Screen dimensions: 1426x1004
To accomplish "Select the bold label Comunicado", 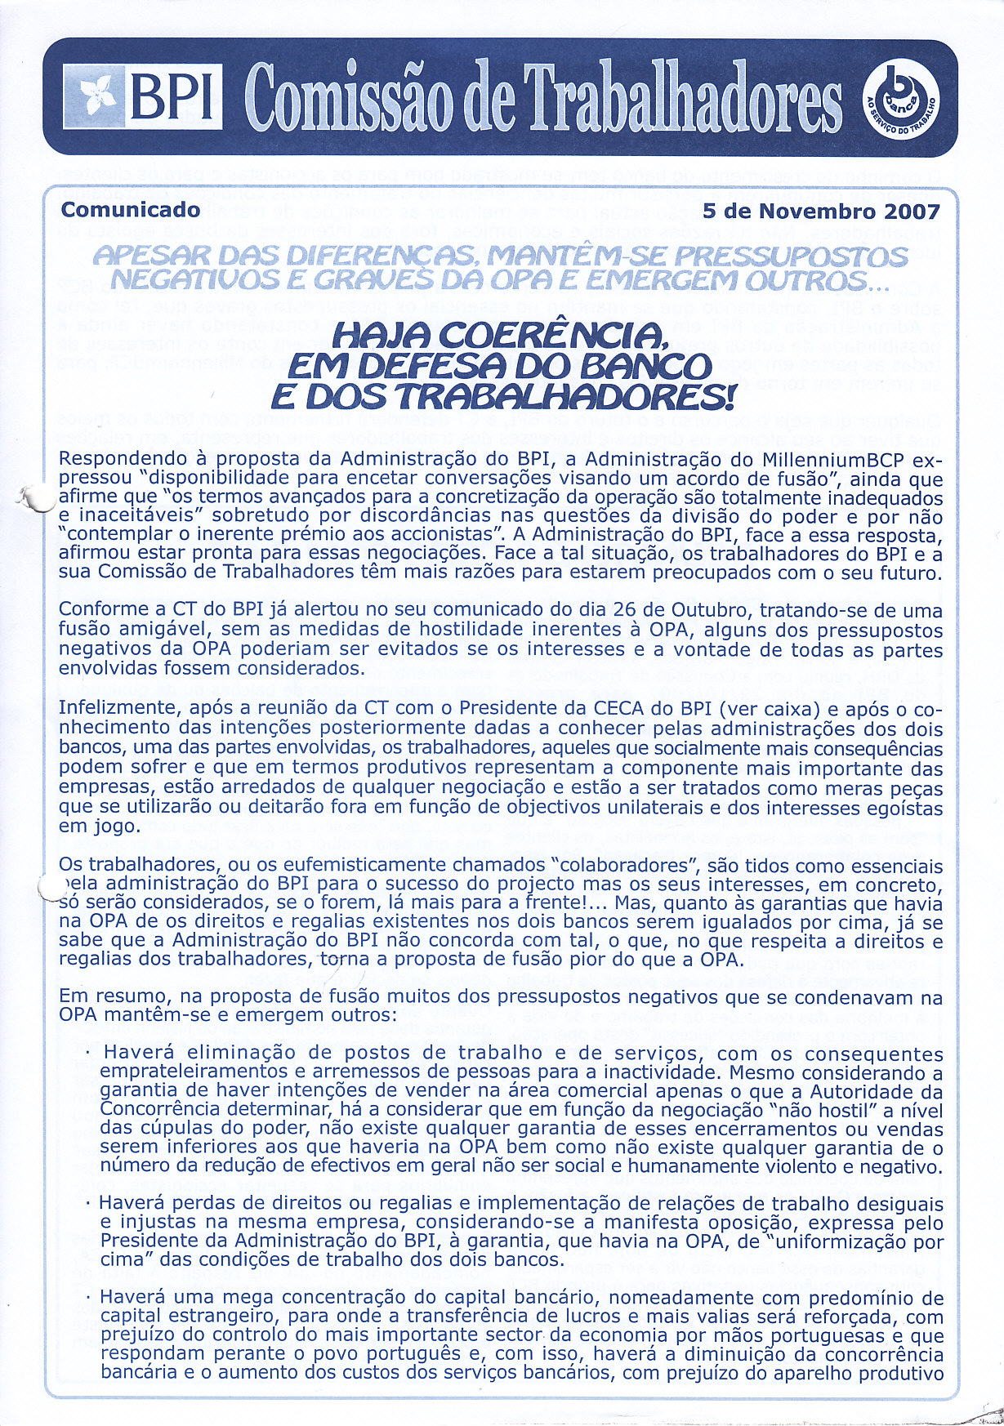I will [x=131, y=210].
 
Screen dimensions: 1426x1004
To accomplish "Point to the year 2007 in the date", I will [x=912, y=212].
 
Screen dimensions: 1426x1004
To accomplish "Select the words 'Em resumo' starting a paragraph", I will [x=105, y=997].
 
